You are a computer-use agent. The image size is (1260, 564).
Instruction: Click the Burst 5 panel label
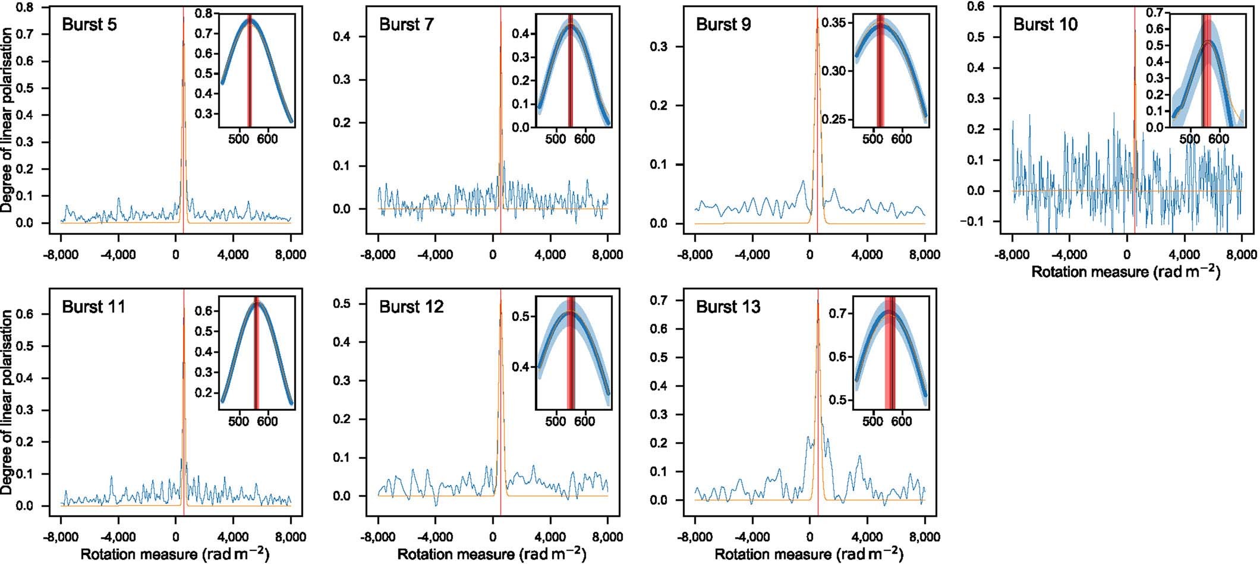[x=89, y=25]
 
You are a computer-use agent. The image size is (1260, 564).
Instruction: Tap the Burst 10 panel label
[x=1045, y=25]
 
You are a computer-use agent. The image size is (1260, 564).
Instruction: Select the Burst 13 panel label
[x=728, y=307]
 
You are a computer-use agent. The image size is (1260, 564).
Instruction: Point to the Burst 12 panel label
[x=411, y=307]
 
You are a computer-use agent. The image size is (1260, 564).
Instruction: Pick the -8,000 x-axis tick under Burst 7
[x=378, y=255]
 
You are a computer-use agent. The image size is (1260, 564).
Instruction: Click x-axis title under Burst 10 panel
[x=1126, y=272]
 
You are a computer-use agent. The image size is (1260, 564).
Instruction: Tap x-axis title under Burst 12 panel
[x=492, y=554]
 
